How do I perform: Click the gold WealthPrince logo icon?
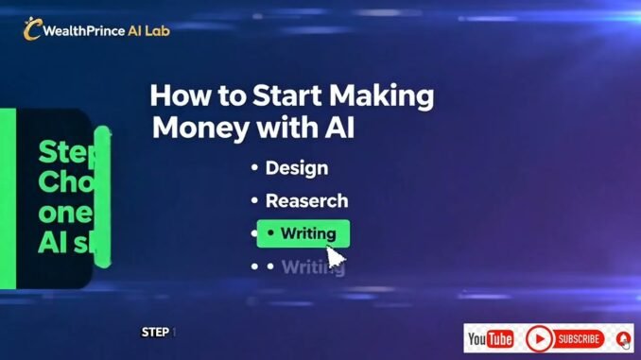point(32,29)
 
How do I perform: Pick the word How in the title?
point(182,96)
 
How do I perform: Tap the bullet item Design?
point(296,168)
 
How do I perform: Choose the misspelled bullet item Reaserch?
point(306,200)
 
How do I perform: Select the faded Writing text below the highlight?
point(312,266)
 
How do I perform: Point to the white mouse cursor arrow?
point(336,257)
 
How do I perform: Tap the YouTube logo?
point(490,338)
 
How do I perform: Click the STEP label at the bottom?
point(156,333)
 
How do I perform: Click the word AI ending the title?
point(338,128)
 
